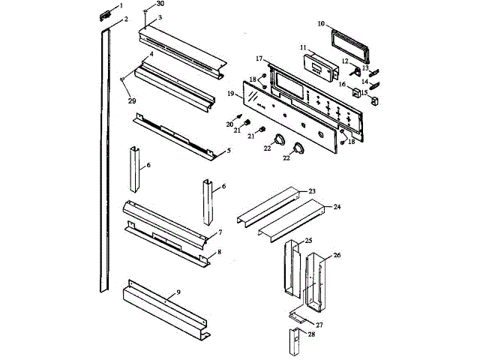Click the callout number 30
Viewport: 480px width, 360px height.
(x=160, y=4)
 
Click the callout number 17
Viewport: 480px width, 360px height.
(x=258, y=58)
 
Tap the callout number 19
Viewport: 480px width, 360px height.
(x=232, y=94)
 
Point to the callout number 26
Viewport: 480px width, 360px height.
(x=337, y=256)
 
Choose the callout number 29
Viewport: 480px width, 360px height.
(x=132, y=100)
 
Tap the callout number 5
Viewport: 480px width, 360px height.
(x=228, y=150)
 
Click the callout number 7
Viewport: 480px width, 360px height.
(x=220, y=232)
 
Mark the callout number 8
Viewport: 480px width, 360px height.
(x=218, y=252)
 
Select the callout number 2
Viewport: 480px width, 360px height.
(x=125, y=19)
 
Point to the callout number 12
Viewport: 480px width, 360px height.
(x=346, y=61)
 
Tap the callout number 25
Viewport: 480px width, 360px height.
(x=307, y=240)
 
